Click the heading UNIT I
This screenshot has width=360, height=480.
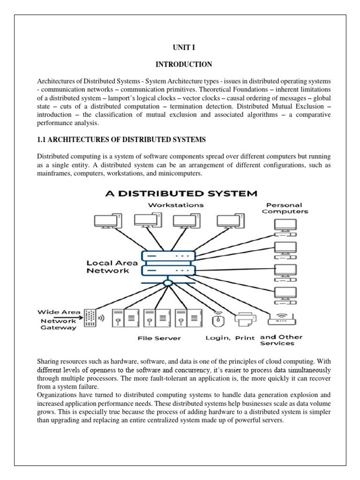pyautogui.click(x=180, y=47)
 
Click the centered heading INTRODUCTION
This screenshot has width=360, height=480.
pyautogui.click(x=180, y=64)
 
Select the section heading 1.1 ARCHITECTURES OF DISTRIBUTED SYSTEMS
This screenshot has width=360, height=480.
pyautogui.click(x=121, y=140)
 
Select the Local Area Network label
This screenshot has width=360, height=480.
pyautogui.click(x=108, y=267)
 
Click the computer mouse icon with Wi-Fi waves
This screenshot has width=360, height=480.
pyautogui.click(x=218, y=319)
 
